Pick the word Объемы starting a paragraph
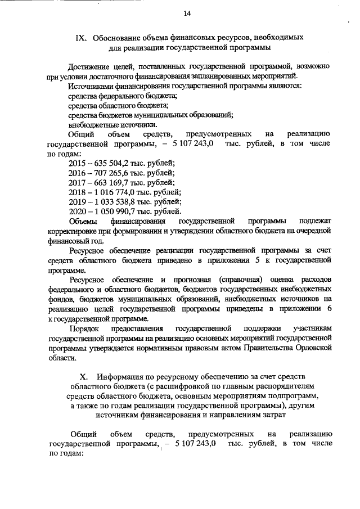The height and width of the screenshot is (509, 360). pos(83,221)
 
